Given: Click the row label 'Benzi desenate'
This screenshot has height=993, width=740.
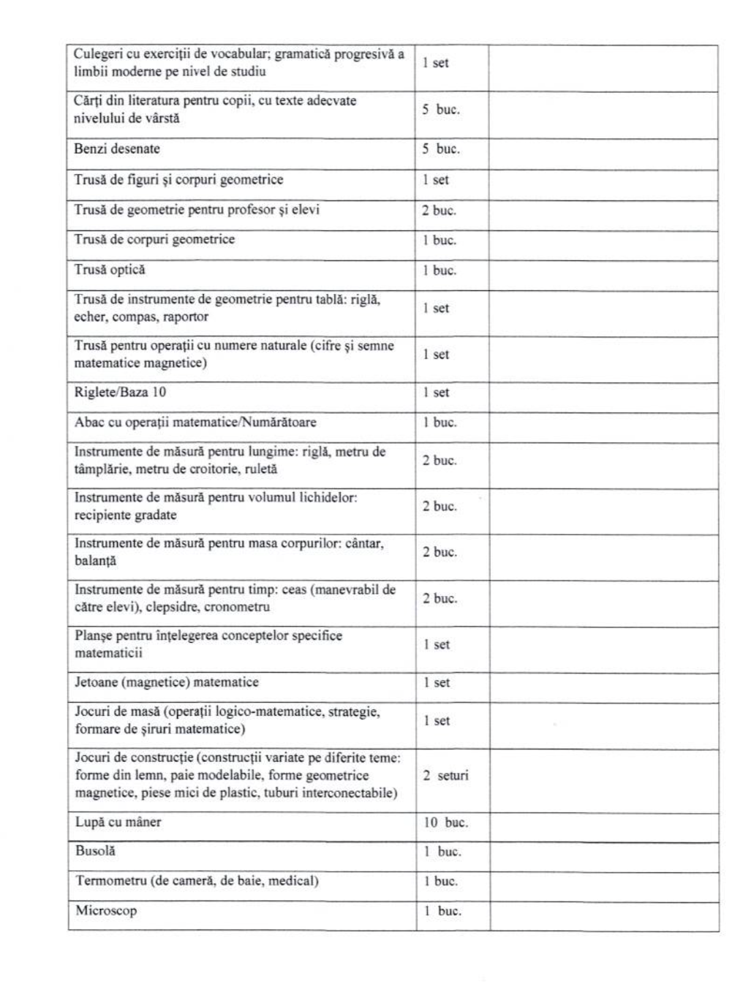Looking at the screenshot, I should pyautogui.click(x=117, y=149).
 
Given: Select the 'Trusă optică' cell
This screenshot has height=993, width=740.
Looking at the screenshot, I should pyautogui.click(x=110, y=270).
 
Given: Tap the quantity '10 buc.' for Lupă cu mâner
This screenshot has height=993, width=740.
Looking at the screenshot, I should pyautogui.click(x=446, y=823).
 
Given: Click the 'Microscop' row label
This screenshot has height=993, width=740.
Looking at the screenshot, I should pyautogui.click(x=106, y=911).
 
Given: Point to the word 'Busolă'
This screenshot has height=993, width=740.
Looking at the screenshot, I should pyautogui.click(x=95, y=851).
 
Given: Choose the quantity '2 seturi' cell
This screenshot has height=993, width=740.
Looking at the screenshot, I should pyautogui.click(x=445, y=776).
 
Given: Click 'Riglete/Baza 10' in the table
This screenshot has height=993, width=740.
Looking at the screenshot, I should pyautogui.click(x=120, y=392).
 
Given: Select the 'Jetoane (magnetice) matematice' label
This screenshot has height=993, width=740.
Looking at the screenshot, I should pyautogui.click(x=167, y=682).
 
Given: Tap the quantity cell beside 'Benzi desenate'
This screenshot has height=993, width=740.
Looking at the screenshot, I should pyautogui.click(x=441, y=149).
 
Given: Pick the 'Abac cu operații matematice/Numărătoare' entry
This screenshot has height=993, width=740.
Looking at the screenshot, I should pyautogui.click(x=195, y=422).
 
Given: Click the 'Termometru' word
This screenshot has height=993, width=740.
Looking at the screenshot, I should pyautogui.click(x=110, y=881).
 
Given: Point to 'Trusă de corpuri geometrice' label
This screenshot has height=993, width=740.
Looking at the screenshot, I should pyautogui.click(x=154, y=240).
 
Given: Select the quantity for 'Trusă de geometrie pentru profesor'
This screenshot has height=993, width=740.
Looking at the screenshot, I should pyautogui.click(x=439, y=211).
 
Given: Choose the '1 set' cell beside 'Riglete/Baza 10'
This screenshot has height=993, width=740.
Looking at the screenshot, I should pyautogui.click(x=436, y=393).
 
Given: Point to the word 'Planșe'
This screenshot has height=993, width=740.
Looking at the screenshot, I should pyautogui.click(x=94, y=635).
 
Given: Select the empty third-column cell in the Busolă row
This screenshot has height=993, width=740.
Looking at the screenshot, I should pyautogui.click(x=603, y=852).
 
